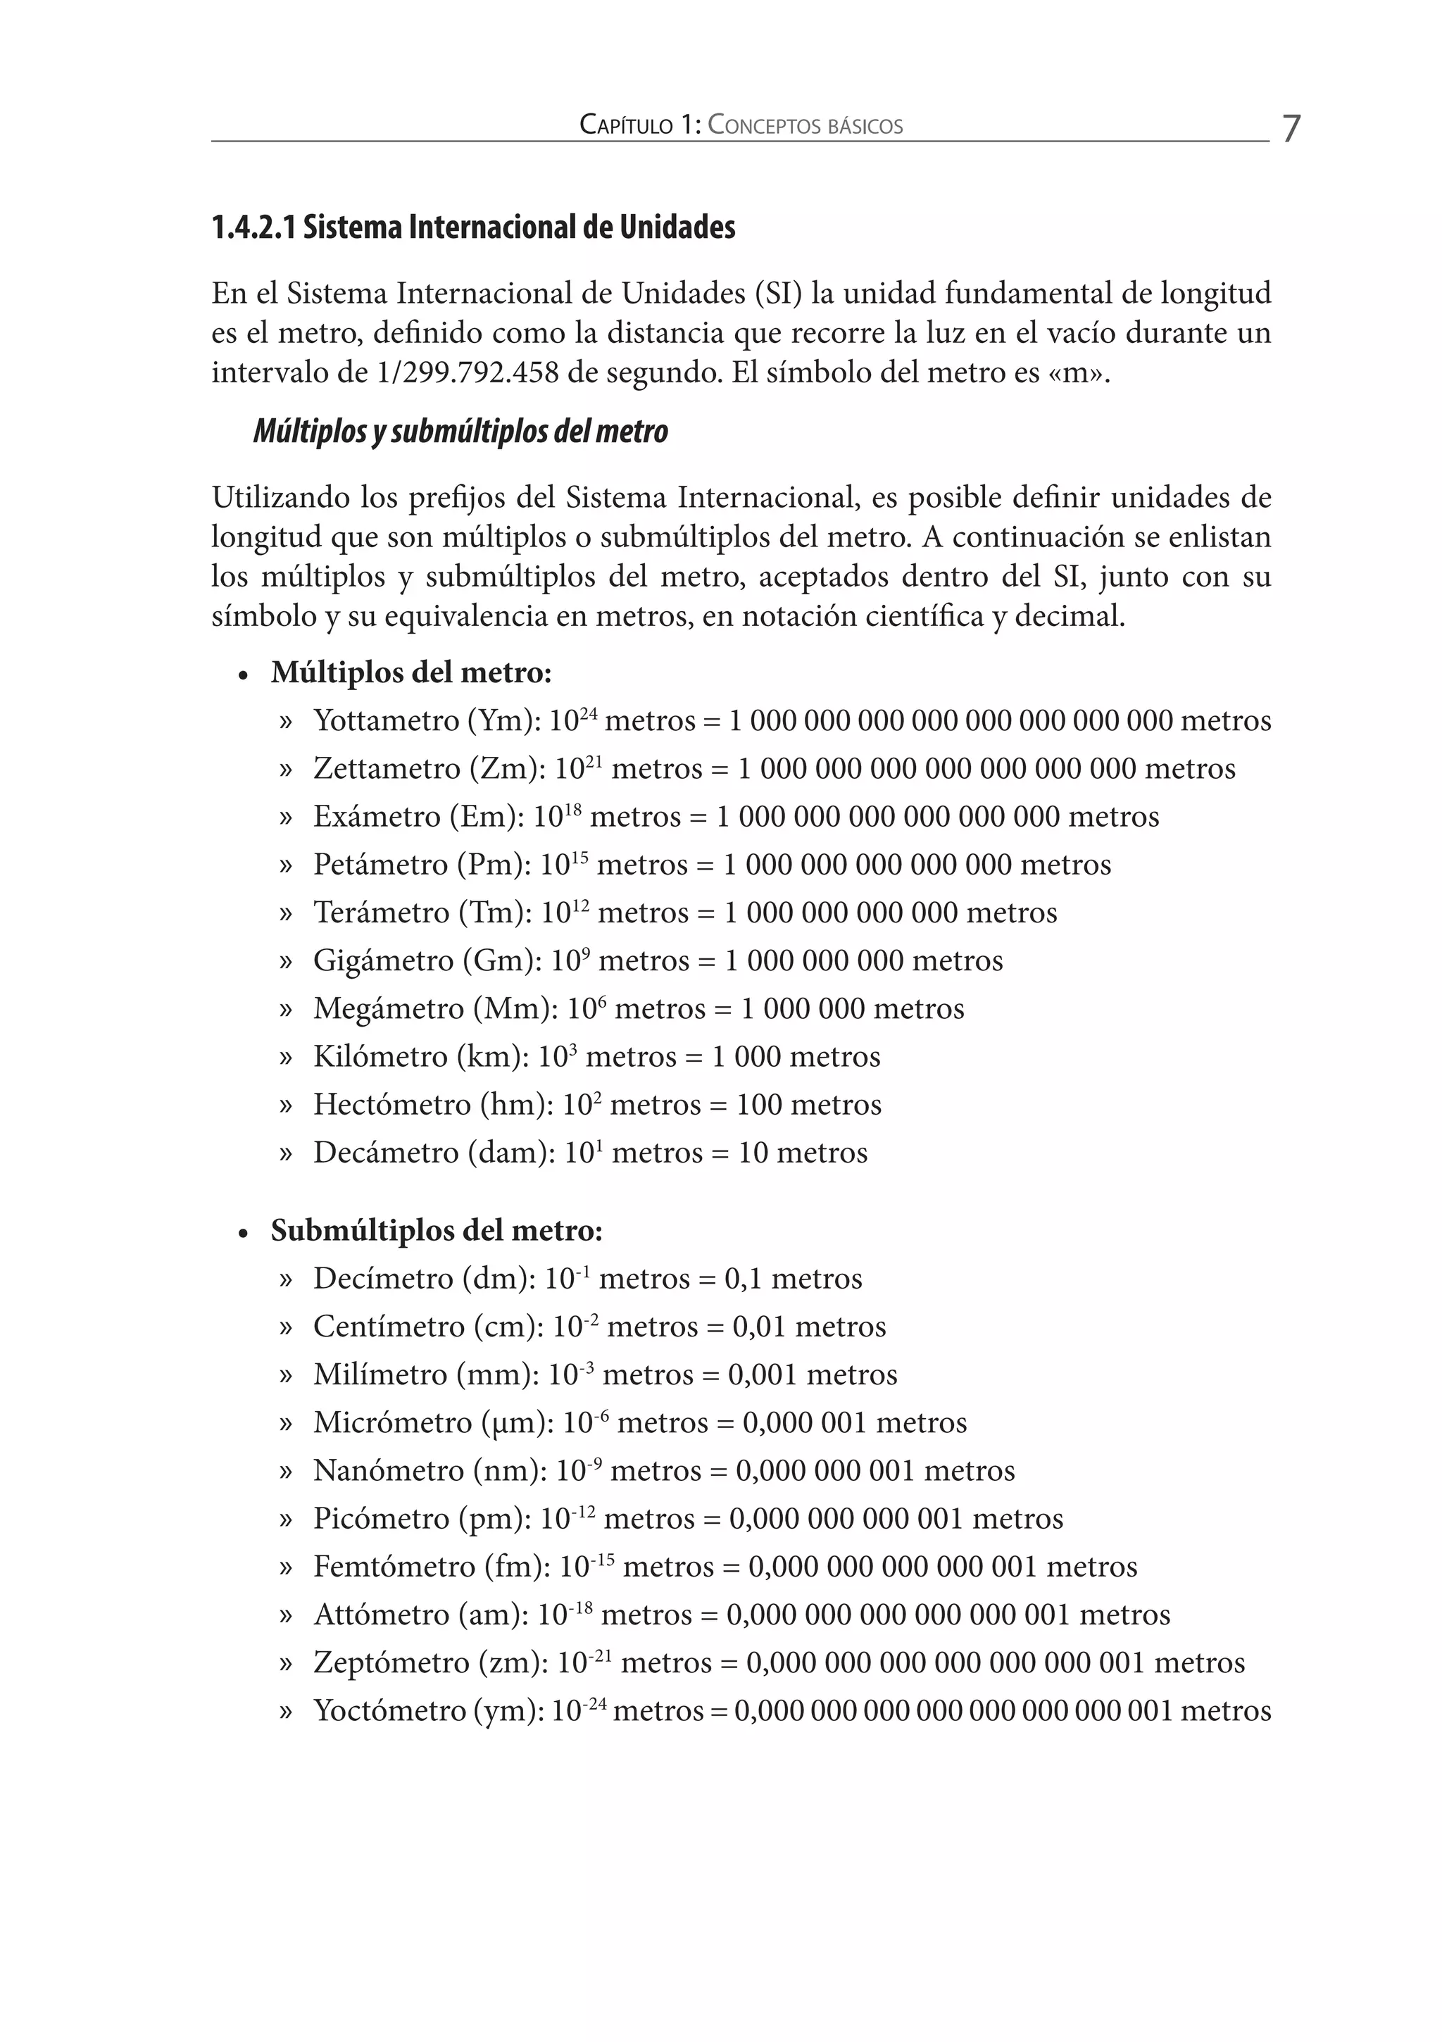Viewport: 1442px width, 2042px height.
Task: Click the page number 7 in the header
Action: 1291,129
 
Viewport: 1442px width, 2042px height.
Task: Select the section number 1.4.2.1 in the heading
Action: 253,227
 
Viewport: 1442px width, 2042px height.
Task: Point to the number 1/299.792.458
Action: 468,372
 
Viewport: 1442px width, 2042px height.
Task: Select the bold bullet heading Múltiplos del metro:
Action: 411,672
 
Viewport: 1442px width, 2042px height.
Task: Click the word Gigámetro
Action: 382,960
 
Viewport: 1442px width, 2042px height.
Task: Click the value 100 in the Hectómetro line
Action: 759,1105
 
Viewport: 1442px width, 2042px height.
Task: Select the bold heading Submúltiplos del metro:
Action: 437,1231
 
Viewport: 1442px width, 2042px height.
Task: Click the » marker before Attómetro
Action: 286,1615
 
